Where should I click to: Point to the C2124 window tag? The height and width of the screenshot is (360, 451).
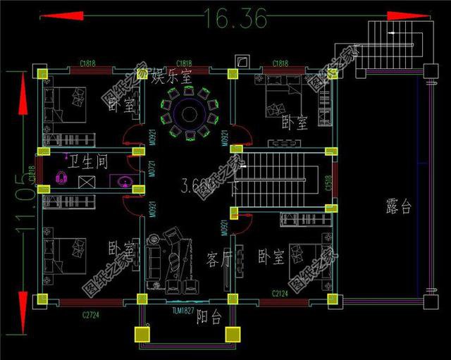coord(284,292)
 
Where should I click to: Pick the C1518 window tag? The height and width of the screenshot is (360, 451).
coord(328,186)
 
